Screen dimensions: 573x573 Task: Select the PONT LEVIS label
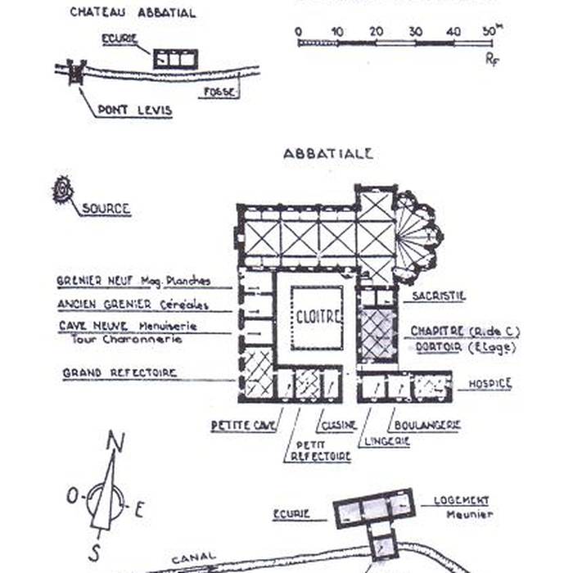134,110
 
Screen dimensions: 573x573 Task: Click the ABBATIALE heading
328,153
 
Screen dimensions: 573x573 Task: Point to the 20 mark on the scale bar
376,32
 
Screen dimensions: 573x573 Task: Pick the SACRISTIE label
439,296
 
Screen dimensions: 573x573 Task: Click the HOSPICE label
490,383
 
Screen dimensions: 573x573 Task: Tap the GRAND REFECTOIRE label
120,373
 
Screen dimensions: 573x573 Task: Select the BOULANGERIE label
426,425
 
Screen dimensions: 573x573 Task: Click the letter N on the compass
116,443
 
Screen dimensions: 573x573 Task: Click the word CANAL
194,557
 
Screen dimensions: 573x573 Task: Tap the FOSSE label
219,92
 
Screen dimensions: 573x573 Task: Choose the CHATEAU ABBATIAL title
133,12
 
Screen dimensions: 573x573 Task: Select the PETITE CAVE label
242,426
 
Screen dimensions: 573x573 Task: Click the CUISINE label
338,426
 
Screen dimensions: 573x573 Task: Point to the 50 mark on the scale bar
489,32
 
